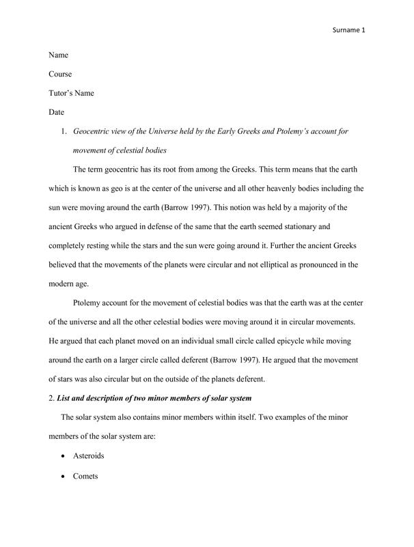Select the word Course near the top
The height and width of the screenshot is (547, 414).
pos(61,73)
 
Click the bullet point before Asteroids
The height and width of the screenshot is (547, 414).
pos(63,455)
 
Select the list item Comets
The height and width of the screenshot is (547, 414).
pos(85,474)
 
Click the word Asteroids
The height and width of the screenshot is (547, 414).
pos(89,455)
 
